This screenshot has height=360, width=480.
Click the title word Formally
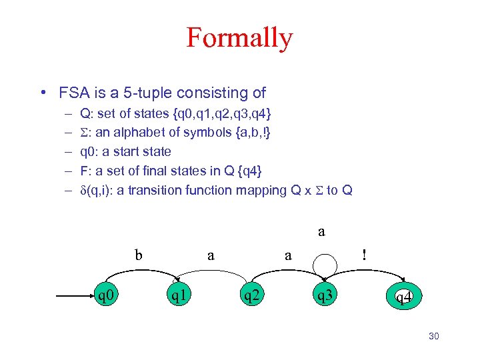pyautogui.click(x=239, y=38)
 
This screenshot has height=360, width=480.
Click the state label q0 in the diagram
pyautogui.click(x=108, y=295)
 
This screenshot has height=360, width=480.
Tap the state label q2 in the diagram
pyautogui.click(x=251, y=295)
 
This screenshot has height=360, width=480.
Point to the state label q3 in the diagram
pyautogui.click(x=326, y=295)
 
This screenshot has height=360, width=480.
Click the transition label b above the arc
pyautogui.click(x=139, y=255)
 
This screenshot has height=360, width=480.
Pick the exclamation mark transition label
pyautogui.click(x=363, y=254)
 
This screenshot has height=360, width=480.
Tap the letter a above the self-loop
pyautogui.click(x=322, y=232)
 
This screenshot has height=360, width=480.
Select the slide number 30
pyautogui.click(x=434, y=337)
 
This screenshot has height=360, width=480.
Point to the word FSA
pyautogui.click(x=73, y=93)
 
